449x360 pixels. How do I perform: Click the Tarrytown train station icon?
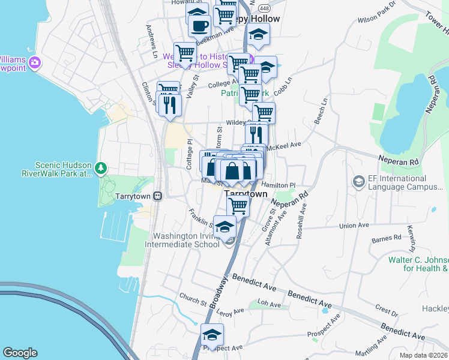[157, 196]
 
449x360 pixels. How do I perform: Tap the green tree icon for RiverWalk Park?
[102, 167]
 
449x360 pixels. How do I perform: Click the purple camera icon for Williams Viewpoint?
[35, 62]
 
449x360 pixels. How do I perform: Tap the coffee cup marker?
[199, 25]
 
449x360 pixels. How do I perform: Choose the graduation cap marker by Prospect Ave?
[212, 334]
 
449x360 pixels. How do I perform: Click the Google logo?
[20, 353]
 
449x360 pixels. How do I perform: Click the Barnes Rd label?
[386, 238]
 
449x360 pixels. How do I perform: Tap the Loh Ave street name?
[269, 304]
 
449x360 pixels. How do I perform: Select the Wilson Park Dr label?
[377, 13]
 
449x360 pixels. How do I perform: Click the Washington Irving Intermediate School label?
[186, 241]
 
